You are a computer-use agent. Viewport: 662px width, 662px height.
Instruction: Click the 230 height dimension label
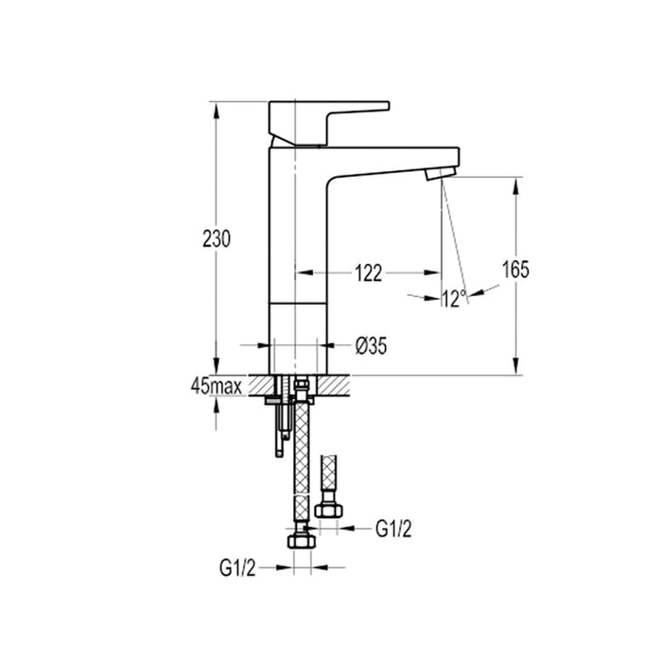217,239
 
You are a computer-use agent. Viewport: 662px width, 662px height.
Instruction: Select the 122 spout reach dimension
368,274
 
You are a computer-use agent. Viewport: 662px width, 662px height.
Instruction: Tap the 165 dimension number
514,270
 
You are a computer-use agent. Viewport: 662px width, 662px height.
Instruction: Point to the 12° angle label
454,299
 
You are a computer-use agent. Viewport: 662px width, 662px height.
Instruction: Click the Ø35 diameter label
372,346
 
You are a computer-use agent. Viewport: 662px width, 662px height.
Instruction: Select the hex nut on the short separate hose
331,513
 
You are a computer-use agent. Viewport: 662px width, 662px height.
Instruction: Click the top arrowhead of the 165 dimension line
515,184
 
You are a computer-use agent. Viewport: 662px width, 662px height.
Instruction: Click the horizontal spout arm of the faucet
397,160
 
